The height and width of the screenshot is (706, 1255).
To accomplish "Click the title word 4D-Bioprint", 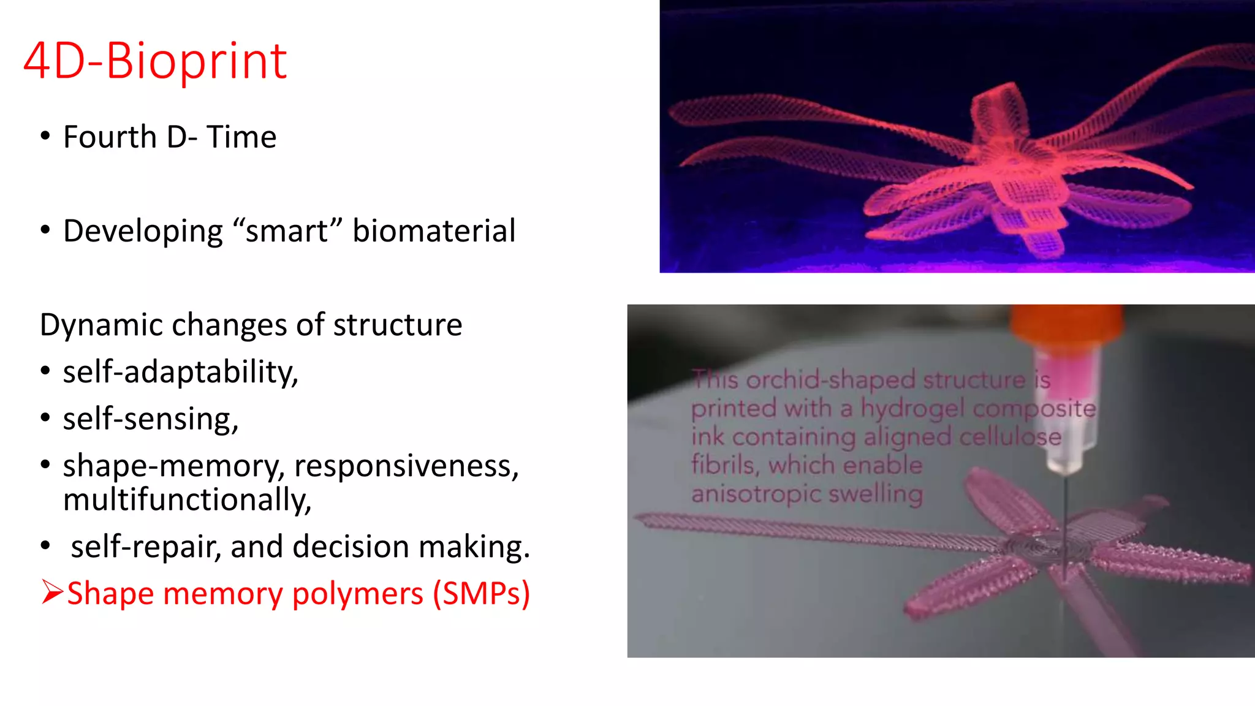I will coord(155,61).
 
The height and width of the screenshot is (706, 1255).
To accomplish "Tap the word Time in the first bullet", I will coord(241,137).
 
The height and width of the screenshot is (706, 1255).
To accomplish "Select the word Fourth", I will coord(110,137).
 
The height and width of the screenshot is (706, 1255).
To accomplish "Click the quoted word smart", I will coord(287,231).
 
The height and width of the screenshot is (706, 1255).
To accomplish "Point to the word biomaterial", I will coord(434,231).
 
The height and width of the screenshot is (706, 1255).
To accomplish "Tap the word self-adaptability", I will coord(180,372).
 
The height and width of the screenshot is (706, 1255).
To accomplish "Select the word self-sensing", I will coord(150,419).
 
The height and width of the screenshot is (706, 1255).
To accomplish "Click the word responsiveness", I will coord(406,466).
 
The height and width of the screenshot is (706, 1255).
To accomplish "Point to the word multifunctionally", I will coord(187,499).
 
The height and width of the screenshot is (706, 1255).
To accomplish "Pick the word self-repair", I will coord(146,547).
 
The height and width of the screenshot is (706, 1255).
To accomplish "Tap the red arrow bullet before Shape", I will coord(52,593).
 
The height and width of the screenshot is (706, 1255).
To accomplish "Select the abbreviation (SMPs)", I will coord(481,593).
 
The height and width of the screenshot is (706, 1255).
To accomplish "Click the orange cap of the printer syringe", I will coord(1067,325).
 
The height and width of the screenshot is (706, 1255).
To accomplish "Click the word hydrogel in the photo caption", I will coord(912,409).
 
